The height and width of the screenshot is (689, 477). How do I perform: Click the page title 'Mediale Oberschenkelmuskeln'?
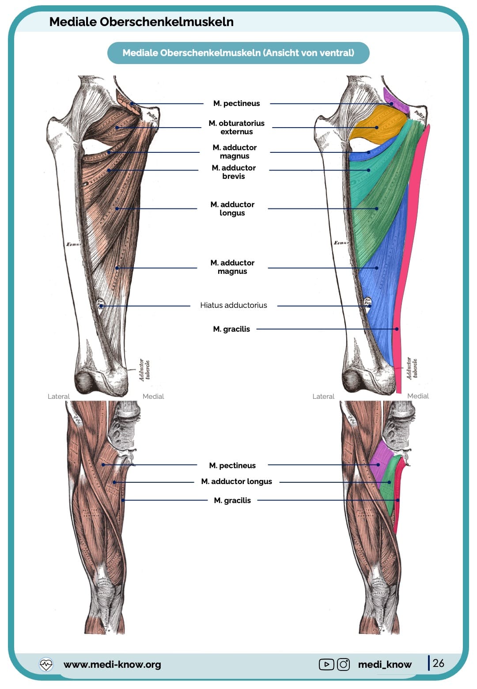[141, 22]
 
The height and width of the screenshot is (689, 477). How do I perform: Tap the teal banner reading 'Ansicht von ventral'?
[238, 53]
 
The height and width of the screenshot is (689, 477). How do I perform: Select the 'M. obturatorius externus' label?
[236, 127]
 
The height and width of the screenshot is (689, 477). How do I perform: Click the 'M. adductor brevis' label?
[234, 172]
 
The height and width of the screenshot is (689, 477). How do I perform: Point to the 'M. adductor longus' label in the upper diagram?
[232, 208]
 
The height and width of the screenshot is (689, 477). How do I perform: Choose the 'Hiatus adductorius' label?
[233, 305]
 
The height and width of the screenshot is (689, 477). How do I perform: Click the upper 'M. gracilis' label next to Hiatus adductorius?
[231, 329]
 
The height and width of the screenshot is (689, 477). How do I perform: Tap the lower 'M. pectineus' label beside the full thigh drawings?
[232, 466]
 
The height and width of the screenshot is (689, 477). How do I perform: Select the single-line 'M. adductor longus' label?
[236, 481]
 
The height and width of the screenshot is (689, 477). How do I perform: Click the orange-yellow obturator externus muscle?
[378, 126]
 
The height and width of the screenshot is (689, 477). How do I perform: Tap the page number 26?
[438, 663]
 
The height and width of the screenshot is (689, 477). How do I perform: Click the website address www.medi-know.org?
[112, 664]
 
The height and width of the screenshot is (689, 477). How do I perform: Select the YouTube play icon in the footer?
[326, 664]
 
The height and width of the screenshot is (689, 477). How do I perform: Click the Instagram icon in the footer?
[343, 664]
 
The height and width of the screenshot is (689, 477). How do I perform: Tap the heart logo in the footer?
[46, 664]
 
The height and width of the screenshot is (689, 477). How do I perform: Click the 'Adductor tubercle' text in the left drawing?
[144, 370]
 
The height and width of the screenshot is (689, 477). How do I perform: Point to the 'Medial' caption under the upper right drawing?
[418, 396]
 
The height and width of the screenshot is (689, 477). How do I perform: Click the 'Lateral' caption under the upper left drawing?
[59, 396]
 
